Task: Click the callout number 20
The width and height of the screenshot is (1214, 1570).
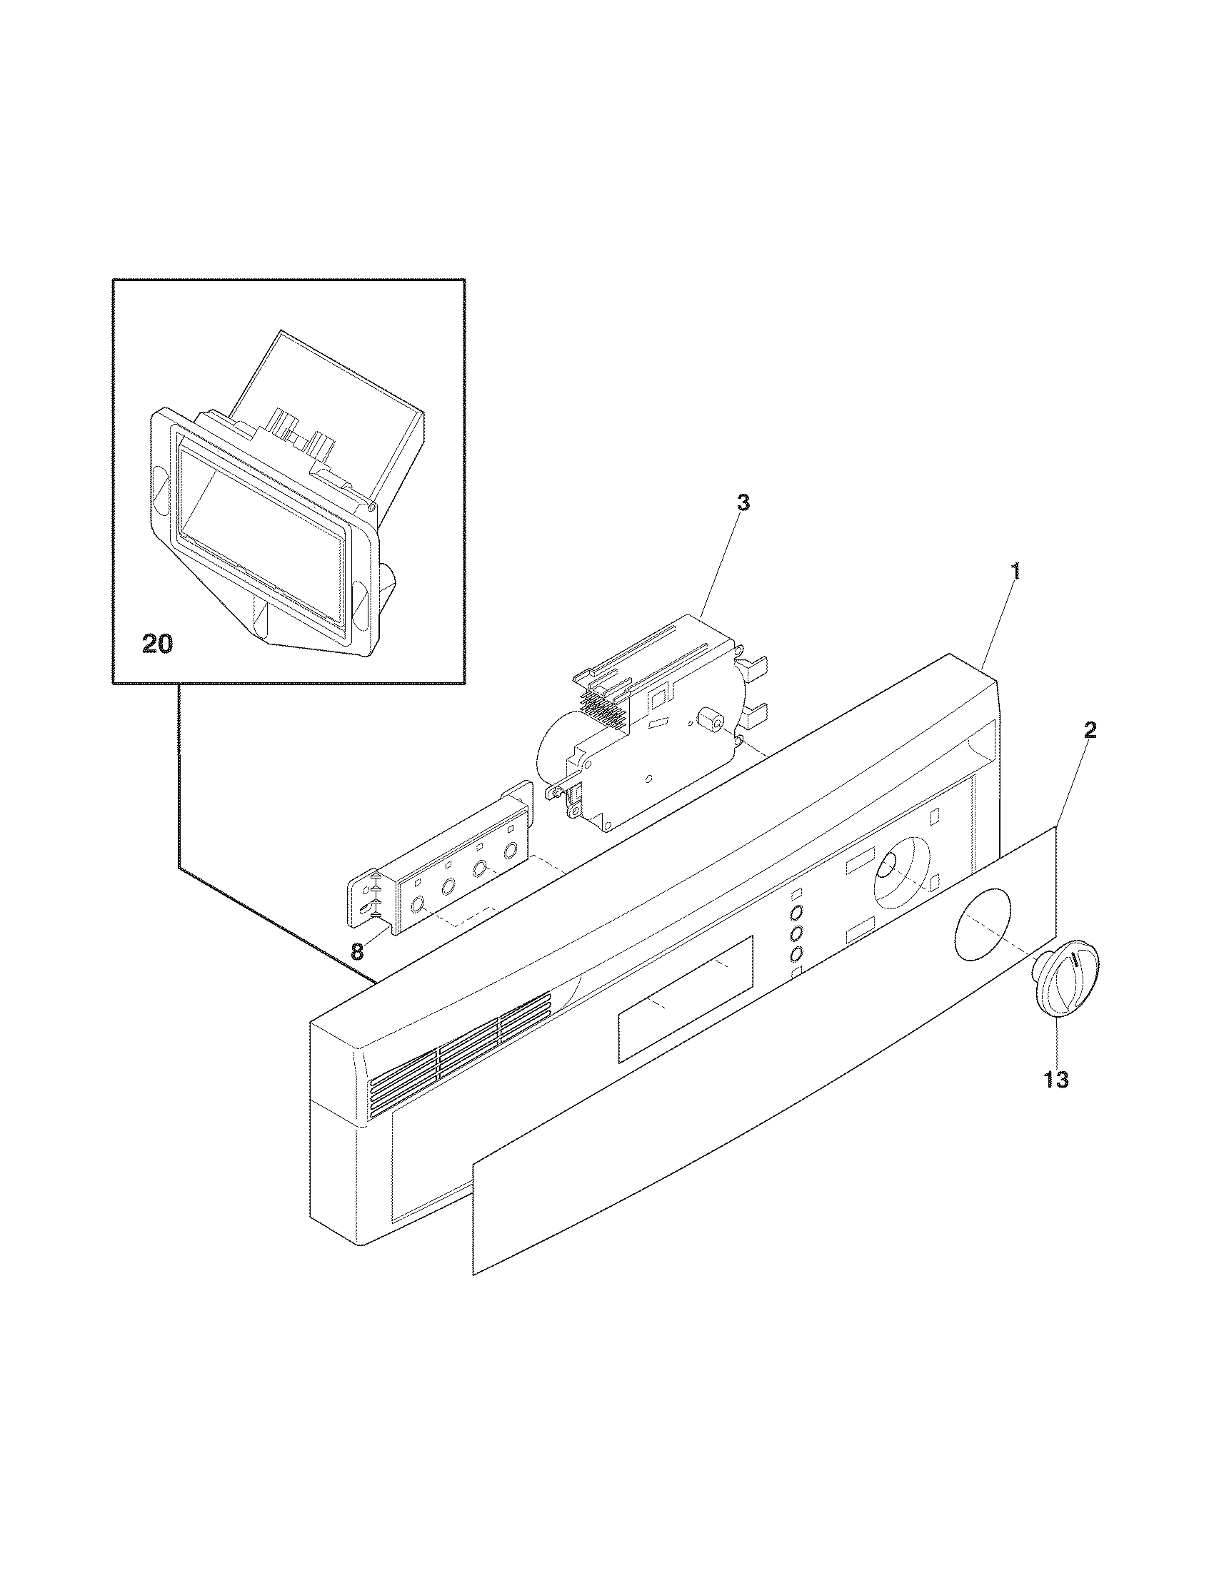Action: point(158,644)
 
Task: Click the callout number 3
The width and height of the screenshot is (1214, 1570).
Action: point(743,502)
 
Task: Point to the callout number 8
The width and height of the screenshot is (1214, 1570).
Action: point(357,952)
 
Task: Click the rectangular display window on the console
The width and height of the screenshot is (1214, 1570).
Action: point(685,998)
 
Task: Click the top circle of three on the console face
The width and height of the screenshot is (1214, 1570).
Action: point(796,913)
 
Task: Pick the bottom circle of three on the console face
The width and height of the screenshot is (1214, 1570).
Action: point(796,954)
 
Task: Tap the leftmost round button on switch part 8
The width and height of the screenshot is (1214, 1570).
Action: point(416,906)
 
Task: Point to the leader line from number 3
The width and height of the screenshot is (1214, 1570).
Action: point(721,560)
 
